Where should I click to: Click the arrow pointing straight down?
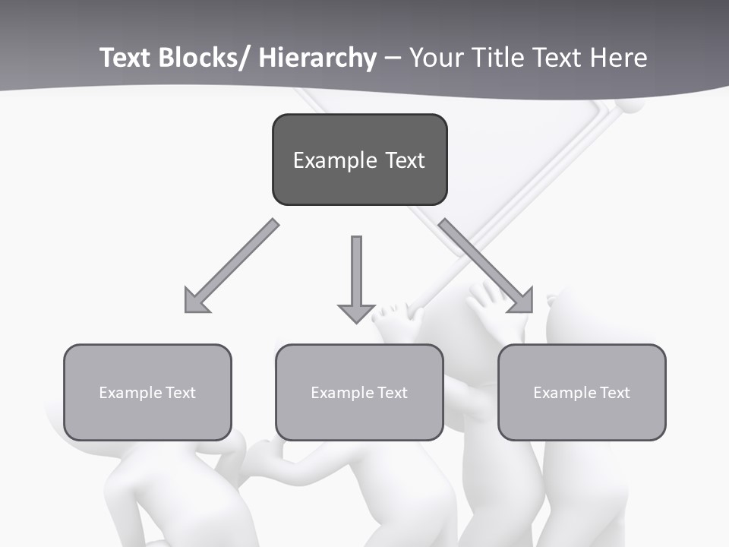click(356, 273)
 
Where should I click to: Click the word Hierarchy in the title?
click(318, 58)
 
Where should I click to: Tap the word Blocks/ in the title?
click(203, 58)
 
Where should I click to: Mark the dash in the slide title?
click(392, 58)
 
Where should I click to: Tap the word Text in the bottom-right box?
click(614, 393)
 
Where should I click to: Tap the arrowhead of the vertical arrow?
click(356, 311)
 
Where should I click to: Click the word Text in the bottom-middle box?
click(392, 393)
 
